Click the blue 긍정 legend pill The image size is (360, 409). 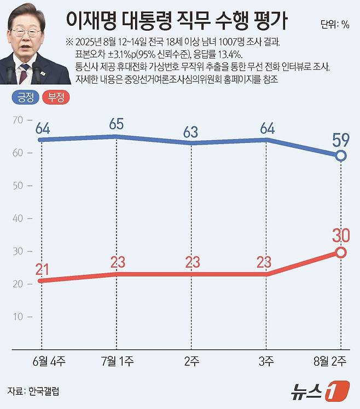pyautogui.click(x=26, y=97)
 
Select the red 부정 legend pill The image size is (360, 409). pyautogui.click(x=56, y=97)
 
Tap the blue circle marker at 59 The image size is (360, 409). pyautogui.click(x=341, y=155)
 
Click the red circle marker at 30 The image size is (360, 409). pyautogui.click(x=341, y=252)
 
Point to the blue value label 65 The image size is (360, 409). pyautogui.click(x=117, y=124)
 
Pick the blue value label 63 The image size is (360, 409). pyautogui.click(x=190, y=133)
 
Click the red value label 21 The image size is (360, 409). pyautogui.click(x=42, y=269)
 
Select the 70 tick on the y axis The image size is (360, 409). pyautogui.click(x=18, y=120)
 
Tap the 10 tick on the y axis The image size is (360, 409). pyautogui.click(x=18, y=316)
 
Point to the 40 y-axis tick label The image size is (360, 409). pyautogui.click(x=18, y=218)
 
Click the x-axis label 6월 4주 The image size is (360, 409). pyautogui.click(x=49, y=361)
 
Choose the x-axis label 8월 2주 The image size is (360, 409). pyautogui.click(x=330, y=361)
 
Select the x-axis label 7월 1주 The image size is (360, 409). pyautogui.click(x=118, y=361)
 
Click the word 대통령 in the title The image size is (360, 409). pyautogui.click(x=147, y=21)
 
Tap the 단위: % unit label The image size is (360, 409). pyautogui.click(x=335, y=25)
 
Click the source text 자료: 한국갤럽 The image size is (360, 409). pyautogui.click(x=33, y=391)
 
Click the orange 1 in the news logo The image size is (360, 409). pyautogui.click(x=337, y=391)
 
